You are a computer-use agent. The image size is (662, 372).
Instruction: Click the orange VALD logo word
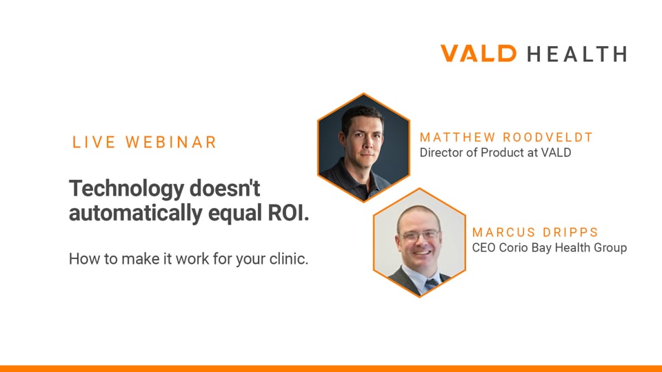[x=479, y=54]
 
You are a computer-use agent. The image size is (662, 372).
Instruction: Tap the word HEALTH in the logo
[x=576, y=54]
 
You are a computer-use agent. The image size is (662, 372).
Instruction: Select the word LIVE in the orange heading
[x=94, y=142]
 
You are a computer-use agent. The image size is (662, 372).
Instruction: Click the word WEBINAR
[x=171, y=142]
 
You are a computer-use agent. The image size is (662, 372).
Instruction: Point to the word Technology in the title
[x=127, y=189]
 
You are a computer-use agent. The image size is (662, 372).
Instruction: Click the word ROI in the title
[x=288, y=213]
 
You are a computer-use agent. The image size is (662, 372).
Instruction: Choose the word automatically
[x=136, y=214]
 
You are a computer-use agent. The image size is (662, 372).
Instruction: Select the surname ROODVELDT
[x=548, y=138]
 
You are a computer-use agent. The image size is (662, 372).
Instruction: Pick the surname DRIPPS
[x=570, y=232]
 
